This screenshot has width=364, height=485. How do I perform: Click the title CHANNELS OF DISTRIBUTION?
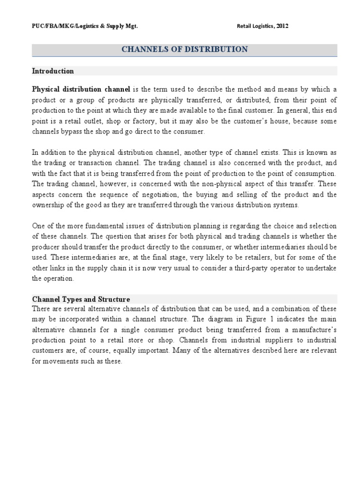click(184, 49)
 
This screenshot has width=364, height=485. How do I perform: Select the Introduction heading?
click(53, 71)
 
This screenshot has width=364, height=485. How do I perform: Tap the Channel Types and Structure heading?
click(81, 299)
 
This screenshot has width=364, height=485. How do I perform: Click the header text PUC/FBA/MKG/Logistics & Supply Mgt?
click(84, 26)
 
